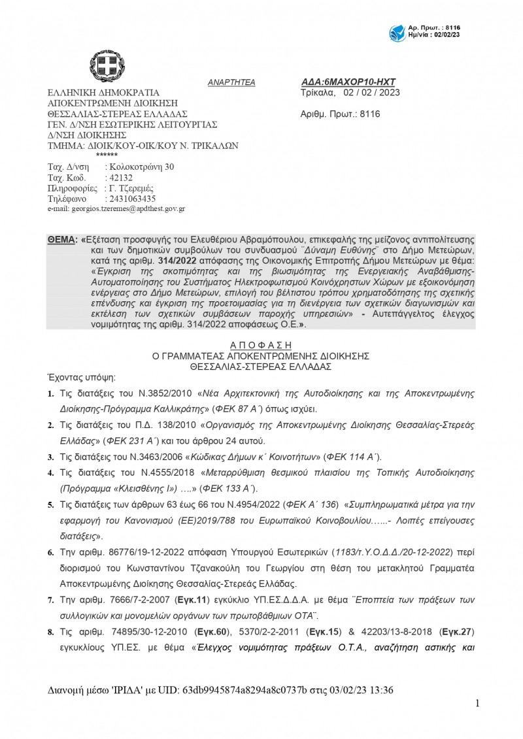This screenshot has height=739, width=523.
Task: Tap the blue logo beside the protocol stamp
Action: pyautogui.click(x=397, y=31)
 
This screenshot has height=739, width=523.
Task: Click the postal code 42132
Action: pyautogui.click(x=119, y=178)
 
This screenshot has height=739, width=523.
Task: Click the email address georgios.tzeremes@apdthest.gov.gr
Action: pyautogui.click(x=116, y=209)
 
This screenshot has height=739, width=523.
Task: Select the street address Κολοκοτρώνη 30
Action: pyautogui.click(x=143, y=167)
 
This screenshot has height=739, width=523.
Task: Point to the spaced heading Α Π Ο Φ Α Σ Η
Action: pyautogui.click(x=261, y=345)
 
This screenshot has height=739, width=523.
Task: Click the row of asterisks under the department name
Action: pyautogui.click(x=107, y=155)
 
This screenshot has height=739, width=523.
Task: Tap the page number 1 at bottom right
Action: pyautogui.click(x=478, y=703)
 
